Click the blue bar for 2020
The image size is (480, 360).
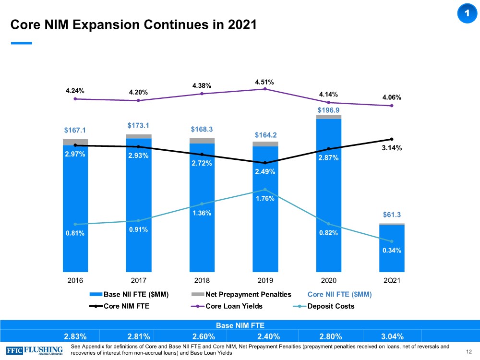tap(329, 202)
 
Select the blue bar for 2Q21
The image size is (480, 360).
tap(392, 250)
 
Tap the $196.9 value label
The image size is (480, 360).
tap(329, 110)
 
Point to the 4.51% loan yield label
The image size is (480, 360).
tap(264, 82)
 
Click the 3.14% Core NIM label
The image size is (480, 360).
tap(392, 148)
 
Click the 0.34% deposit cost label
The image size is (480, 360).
tap(392, 250)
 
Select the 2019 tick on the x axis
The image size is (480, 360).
tap(265, 280)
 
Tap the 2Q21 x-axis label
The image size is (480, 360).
tap(392, 280)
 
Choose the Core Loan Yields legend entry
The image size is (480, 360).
tap(234, 306)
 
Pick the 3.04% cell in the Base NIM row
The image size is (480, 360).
tap(391, 336)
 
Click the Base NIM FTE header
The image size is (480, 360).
tap(240, 324)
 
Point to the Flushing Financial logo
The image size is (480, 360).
tap(35, 349)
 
